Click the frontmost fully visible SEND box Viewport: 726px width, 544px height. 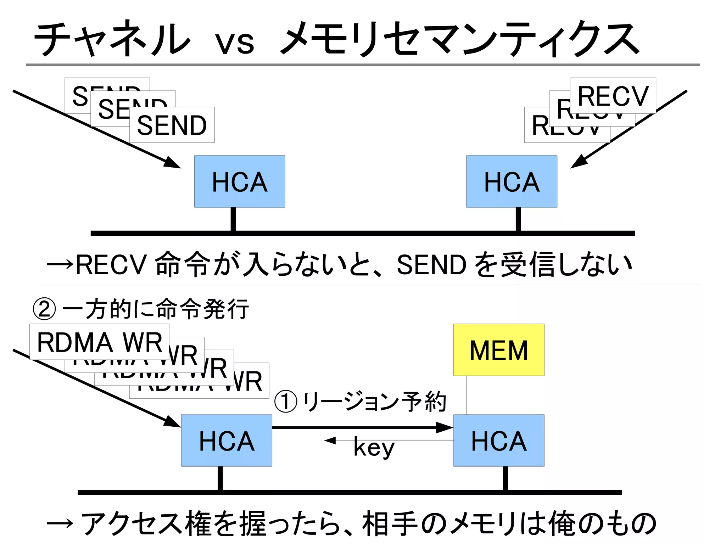(172, 125)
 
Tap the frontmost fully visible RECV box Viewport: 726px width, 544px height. (613, 96)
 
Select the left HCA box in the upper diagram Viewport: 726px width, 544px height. (240, 181)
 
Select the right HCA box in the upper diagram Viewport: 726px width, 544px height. (512, 181)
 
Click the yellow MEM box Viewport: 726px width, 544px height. (499, 350)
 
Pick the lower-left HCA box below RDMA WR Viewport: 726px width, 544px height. (227, 441)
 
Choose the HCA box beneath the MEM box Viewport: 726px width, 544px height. (499, 441)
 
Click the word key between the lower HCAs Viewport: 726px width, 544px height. (374, 447)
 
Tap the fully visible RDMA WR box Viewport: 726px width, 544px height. (99, 342)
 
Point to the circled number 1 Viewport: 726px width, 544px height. (286, 402)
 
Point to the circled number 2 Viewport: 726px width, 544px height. (44, 309)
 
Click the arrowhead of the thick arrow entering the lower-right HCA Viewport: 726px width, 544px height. (445, 428)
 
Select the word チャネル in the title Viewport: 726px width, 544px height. (112, 39)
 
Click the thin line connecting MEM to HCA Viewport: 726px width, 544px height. (467, 395)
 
